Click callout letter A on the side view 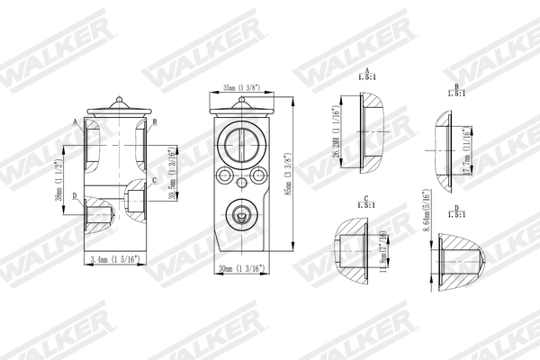(x=74, y=120)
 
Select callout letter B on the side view (x=154, y=121)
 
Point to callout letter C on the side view (x=155, y=180)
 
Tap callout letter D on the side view (x=75, y=194)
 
